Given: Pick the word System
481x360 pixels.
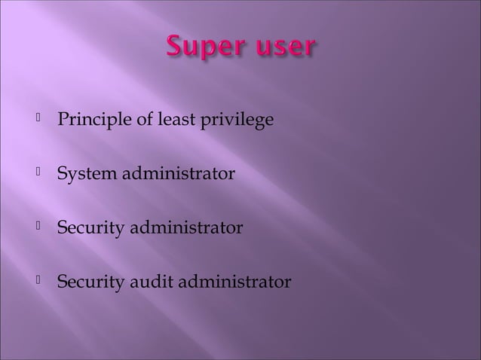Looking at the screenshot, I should tap(83, 175).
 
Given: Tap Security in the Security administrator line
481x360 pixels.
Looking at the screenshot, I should tap(87, 228).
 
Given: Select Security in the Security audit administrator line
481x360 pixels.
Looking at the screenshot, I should tap(87, 282).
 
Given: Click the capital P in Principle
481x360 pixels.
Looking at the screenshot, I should tap(63, 120).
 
